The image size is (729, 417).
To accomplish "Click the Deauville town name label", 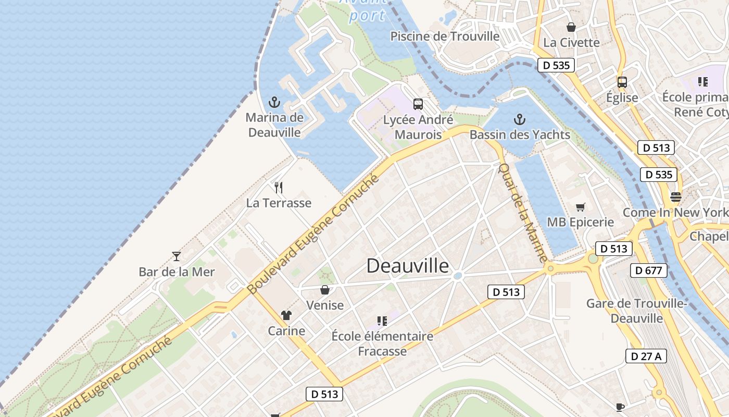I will click(x=407, y=266).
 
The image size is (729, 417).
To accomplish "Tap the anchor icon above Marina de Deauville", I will click(x=274, y=102).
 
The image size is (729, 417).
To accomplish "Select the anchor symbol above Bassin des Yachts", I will click(x=519, y=120).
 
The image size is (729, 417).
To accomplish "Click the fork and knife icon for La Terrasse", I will click(x=279, y=188).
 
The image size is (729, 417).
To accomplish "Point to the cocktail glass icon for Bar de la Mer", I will click(x=177, y=256).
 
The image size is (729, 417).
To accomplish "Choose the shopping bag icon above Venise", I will click(x=325, y=290).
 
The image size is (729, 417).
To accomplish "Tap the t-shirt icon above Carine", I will click(x=286, y=315).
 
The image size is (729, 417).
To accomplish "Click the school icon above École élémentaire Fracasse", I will click(x=382, y=321).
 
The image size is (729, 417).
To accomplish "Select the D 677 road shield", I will click(x=649, y=271).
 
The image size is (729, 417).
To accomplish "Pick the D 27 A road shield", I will click(x=646, y=356).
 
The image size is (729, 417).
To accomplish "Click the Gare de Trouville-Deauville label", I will click(x=637, y=311).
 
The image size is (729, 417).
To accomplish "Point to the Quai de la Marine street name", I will click(x=523, y=213).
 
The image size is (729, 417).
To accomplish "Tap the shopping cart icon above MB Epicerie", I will click(x=580, y=207).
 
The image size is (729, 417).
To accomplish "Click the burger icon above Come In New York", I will click(x=676, y=197).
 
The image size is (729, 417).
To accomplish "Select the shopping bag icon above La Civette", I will click(x=571, y=27).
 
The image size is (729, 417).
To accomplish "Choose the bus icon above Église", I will click(x=622, y=82).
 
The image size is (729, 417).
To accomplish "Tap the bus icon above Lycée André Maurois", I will click(x=418, y=104).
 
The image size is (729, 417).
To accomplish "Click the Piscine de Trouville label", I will click(x=445, y=36).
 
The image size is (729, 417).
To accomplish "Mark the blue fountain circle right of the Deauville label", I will click(x=458, y=275).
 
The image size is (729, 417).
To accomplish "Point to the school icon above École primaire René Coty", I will click(x=703, y=82).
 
